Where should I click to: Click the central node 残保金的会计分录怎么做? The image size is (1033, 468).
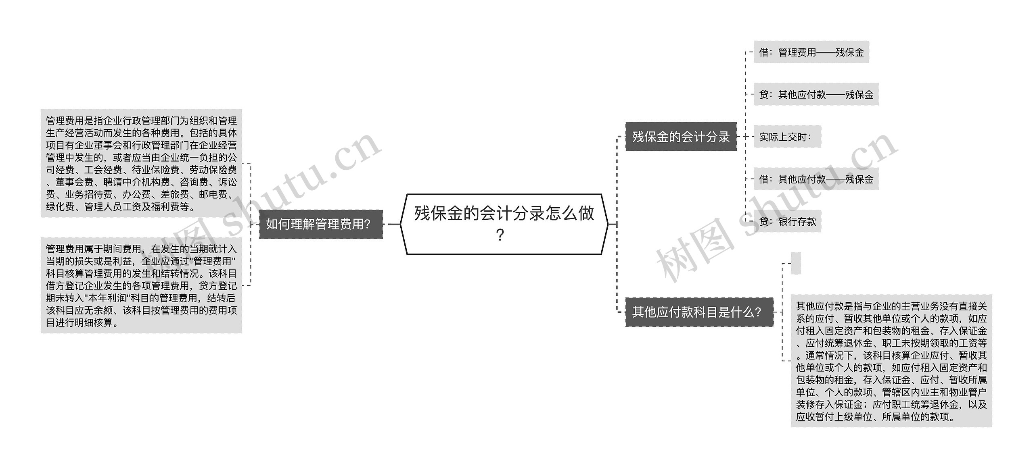pyautogui.click(x=504, y=224)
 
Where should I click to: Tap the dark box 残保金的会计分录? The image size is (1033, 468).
pyautogui.click(x=681, y=137)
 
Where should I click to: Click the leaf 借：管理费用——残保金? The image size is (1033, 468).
pyautogui.click(x=811, y=52)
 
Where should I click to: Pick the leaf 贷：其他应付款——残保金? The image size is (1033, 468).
pyautogui.click(x=816, y=95)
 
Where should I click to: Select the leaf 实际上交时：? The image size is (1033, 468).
pyautogui.click(x=787, y=137)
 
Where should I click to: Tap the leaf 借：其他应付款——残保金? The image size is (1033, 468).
pyautogui.click(x=816, y=179)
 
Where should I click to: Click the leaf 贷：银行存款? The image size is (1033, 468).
pyautogui.click(x=787, y=222)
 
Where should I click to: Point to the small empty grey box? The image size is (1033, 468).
pyautogui.click(x=795, y=263)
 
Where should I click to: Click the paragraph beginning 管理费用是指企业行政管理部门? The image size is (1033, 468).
pyautogui.click(x=141, y=163)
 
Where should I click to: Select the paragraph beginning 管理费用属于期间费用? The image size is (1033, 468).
pyautogui.click(x=141, y=285)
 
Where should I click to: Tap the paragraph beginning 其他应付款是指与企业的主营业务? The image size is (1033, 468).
pyautogui.click(x=891, y=361)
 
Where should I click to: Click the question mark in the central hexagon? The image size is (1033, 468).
pyautogui.click(x=500, y=235)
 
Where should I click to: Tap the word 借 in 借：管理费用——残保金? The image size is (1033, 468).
pyautogui.click(x=764, y=52)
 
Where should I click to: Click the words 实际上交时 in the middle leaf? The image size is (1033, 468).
pyautogui.click(x=783, y=137)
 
